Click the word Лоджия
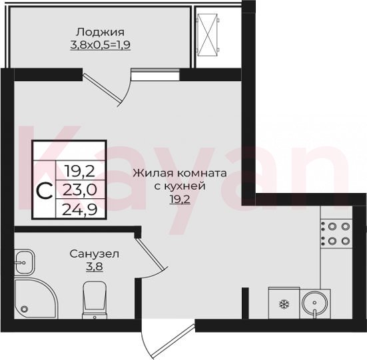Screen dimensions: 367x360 [100, 32]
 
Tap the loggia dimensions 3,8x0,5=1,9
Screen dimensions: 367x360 [100, 45]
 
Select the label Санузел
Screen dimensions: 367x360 [95, 254]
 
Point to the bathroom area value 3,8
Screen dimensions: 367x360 [95, 266]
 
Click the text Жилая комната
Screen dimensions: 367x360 [180, 174]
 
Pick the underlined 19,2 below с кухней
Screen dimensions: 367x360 [180, 200]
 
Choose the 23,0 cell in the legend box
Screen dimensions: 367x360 [80, 190]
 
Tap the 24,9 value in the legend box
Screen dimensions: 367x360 [80, 210]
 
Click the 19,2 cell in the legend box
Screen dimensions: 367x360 [80, 171]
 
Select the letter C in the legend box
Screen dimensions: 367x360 [45, 191]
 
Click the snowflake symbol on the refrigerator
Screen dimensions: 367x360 [284, 304]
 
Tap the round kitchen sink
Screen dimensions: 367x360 [315, 303]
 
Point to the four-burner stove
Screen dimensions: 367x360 [336, 234]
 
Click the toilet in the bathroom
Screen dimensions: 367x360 [95, 300]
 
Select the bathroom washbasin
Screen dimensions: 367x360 [25, 262]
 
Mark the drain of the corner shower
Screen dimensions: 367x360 [25, 309]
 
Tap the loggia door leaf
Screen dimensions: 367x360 [103, 89]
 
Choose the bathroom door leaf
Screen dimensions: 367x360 [150, 253]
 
